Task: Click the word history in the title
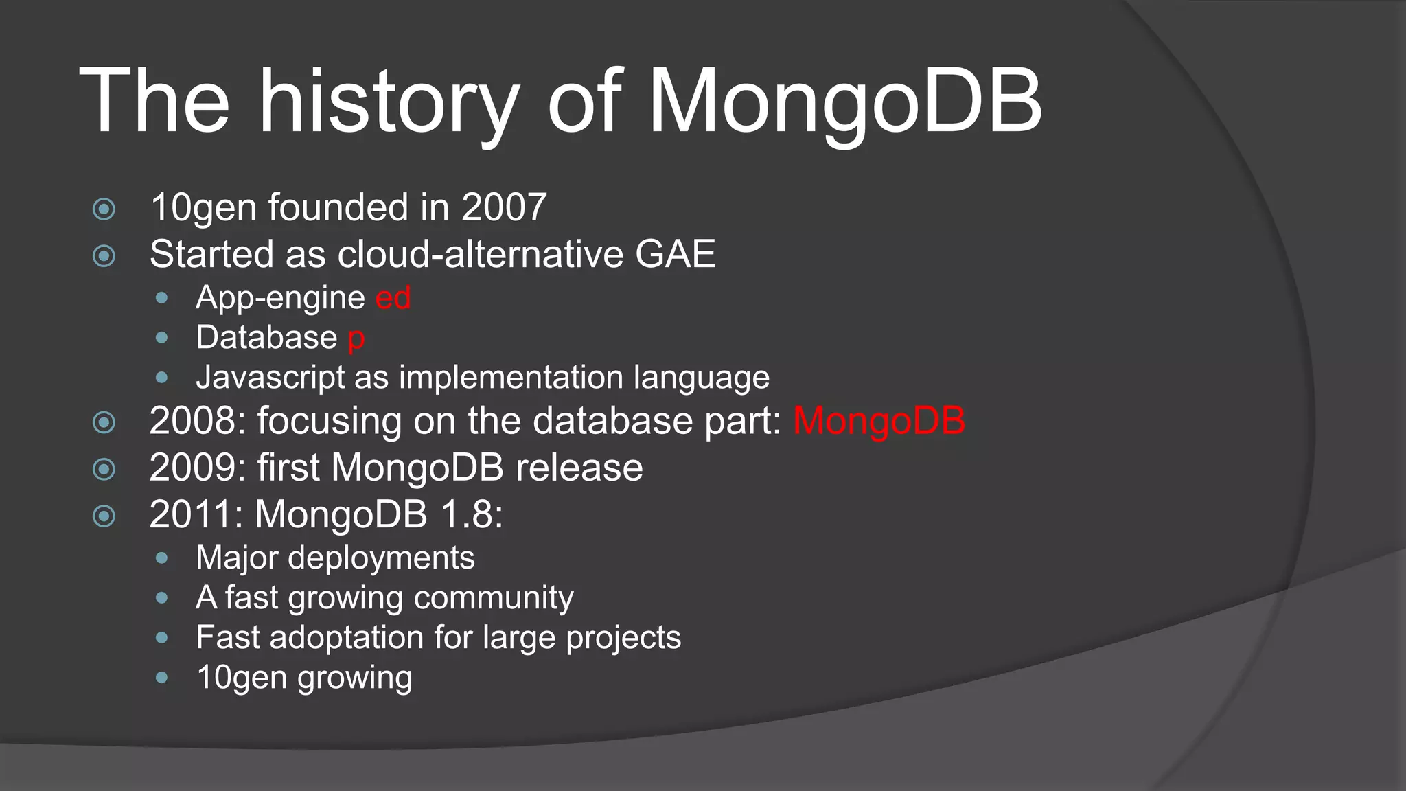(x=387, y=101)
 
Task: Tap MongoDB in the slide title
(x=844, y=101)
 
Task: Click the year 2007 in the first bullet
(x=504, y=207)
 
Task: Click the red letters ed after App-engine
(x=393, y=298)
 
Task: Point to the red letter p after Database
(x=356, y=339)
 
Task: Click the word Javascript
(x=270, y=378)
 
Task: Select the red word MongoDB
(x=879, y=421)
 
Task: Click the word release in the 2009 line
(x=579, y=468)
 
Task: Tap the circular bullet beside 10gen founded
(x=104, y=209)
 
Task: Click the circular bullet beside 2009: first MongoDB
(x=104, y=470)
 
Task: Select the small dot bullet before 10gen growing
(x=162, y=678)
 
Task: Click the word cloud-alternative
(x=481, y=254)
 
